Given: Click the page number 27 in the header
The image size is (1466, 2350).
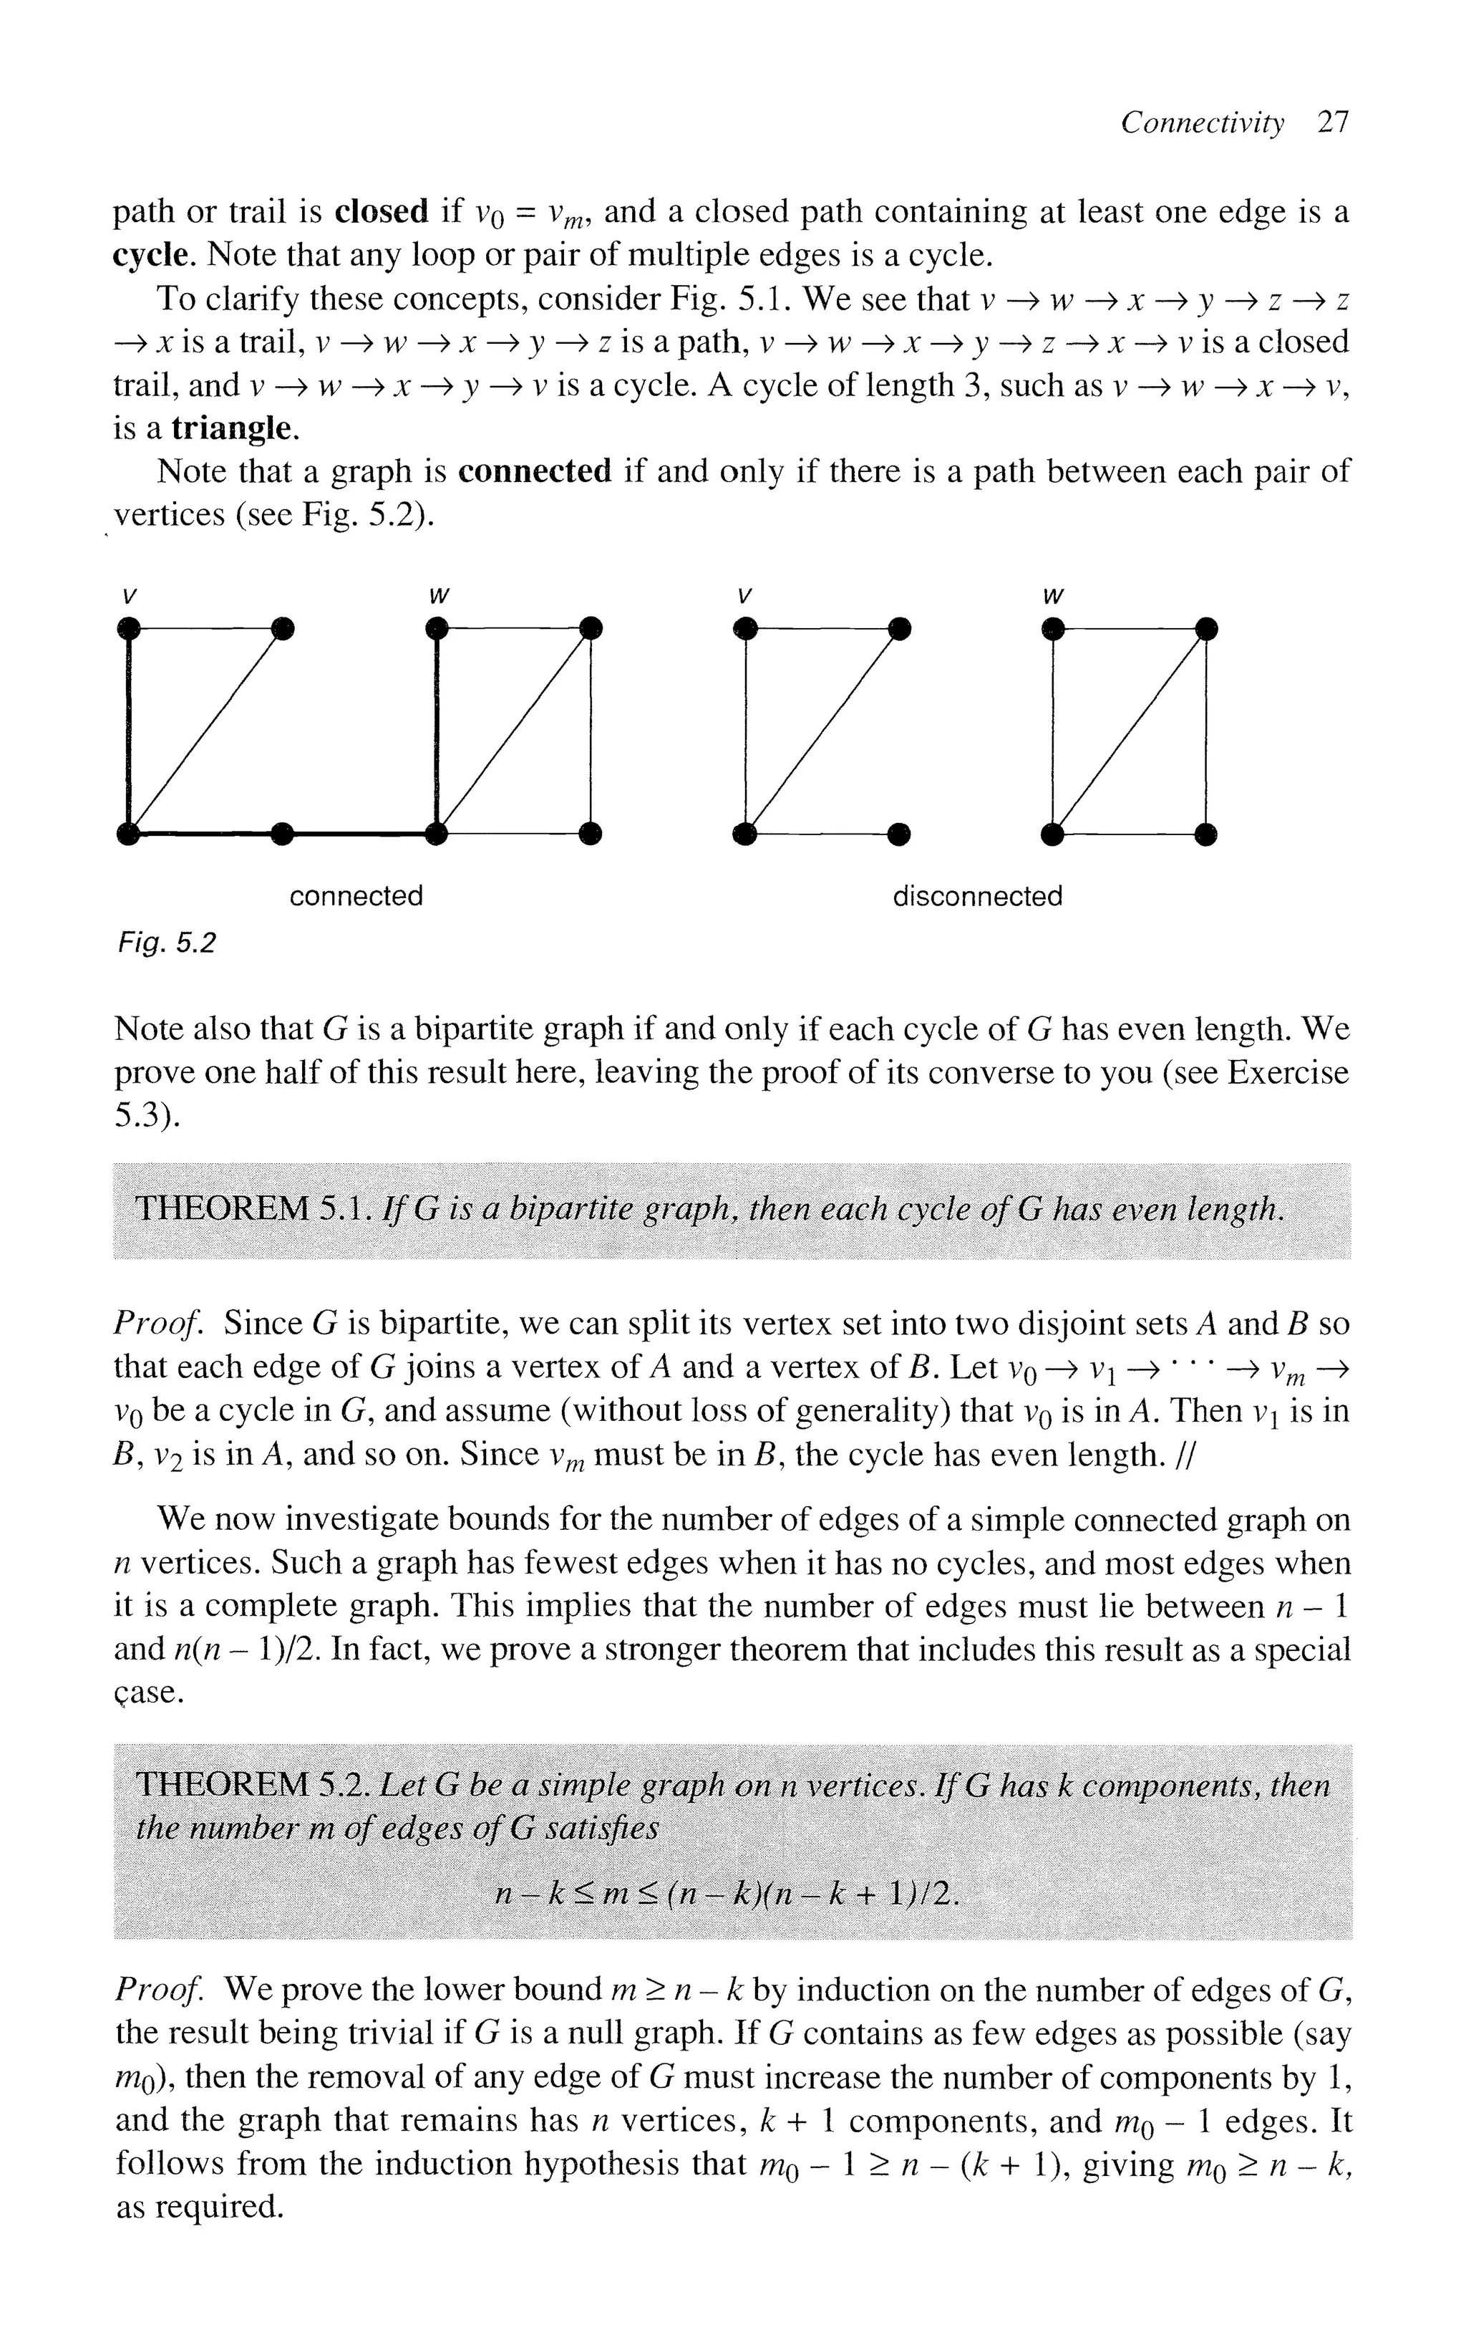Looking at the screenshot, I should [1333, 123].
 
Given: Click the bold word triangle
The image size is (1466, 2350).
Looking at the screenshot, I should [233, 428].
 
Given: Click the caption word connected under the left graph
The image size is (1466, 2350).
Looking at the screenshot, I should [356, 895].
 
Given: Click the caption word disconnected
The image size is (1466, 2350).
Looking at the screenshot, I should [976, 896].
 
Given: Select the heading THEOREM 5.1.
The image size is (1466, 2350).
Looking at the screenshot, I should [250, 1210].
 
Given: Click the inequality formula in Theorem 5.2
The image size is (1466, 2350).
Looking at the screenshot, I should [727, 1893].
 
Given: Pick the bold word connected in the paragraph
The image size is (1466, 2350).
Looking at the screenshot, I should [534, 471].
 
